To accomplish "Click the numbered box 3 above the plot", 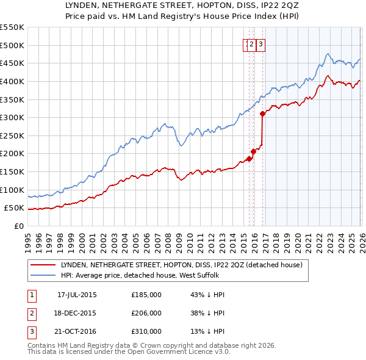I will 260,44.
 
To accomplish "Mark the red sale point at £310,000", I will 262,113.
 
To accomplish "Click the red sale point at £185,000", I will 249,159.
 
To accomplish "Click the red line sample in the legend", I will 44,265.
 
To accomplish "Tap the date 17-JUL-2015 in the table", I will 77,294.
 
